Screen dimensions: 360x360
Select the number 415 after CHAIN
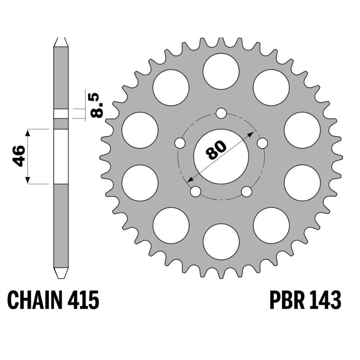pyautogui.click(x=83, y=300)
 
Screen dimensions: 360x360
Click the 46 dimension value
pyautogui.click(x=18, y=157)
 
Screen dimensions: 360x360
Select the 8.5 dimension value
pyautogui.click(x=96, y=105)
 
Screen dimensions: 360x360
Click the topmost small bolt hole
pyautogui.click(x=221, y=113)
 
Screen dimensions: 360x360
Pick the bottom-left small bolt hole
pyautogui.click(x=195, y=192)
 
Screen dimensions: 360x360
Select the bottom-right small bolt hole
pyautogui.click(x=246, y=192)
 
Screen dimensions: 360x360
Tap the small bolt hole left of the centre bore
pyautogui.click(x=180, y=143)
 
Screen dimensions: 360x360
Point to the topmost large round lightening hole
pyautogui.click(x=221, y=71)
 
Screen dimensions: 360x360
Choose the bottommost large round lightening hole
pyautogui.click(x=221, y=242)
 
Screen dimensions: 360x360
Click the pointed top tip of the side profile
pyautogui.click(x=61, y=39)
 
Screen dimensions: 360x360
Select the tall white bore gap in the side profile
pyautogui.click(x=61, y=157)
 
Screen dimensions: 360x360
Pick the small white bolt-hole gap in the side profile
pyautogui.click(x=61, y=113)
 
